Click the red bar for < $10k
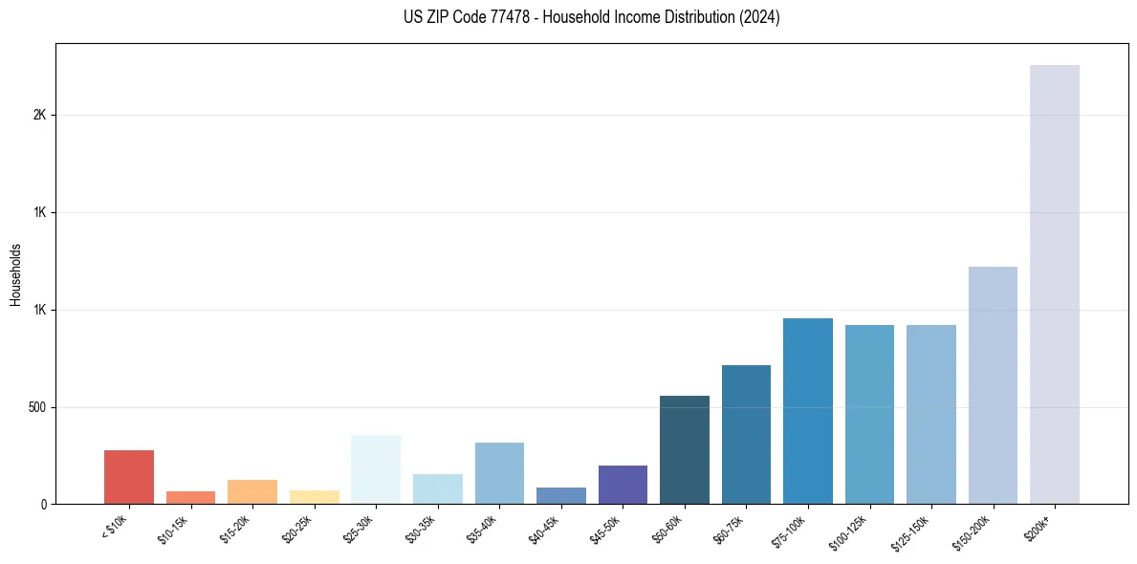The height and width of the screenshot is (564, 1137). coord(129,477)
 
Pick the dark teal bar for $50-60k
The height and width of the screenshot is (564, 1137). coord(685,449)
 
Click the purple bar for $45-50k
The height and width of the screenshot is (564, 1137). coord(623,485)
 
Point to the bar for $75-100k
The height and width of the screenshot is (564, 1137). coord(808,411)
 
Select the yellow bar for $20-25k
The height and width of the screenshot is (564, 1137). coord(315,497)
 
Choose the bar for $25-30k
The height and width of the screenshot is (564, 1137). coord(376,469)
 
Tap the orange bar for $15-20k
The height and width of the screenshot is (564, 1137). coord(252,491)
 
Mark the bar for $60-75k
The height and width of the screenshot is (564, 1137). coord(746,434)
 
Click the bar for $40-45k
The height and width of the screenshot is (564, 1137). coord(561,495)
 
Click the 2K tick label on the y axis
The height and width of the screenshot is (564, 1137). coord(39,115)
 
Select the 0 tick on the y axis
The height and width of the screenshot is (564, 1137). coord(43,504)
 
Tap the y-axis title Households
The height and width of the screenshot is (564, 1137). coord(15,274)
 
